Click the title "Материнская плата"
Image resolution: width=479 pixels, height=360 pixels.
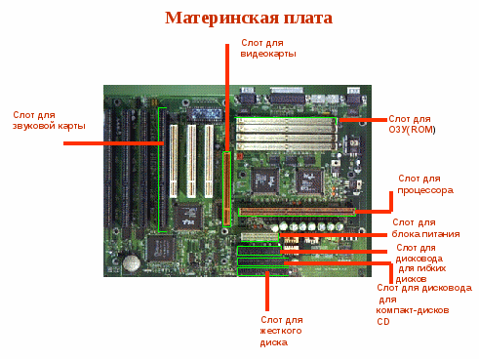[x=249, y=18]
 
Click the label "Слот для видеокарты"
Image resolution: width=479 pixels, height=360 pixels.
[x=268, y=48]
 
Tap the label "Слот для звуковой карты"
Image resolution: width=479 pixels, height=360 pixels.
[x=49, y=120]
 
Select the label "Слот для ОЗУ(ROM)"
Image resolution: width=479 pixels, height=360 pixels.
[x=412, y=124]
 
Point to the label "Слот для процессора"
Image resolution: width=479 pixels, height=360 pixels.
[x=425, y=184]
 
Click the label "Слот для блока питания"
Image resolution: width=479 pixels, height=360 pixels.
[x=425, y=228]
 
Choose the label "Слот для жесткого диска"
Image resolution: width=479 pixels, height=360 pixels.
[x=281, y=331]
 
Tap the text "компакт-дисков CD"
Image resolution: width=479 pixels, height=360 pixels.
[x=413, y=316]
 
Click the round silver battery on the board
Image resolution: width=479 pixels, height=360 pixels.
[x=132, y=262]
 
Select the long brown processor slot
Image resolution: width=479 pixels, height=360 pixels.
[x=297, y=212]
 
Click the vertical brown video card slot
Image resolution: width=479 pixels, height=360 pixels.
[x=227, y=189]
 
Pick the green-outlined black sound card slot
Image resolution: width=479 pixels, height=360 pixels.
[x=163, y=170]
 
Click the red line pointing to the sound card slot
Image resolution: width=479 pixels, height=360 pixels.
[x=113, y=143]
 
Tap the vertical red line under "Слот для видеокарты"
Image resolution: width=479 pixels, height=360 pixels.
[x=227, y=98]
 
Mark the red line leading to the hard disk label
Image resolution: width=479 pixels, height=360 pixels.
[x=267, y=291]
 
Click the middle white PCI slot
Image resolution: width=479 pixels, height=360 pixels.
[x=191, y=161]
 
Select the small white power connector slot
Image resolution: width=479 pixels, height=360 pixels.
[x=259, y=237]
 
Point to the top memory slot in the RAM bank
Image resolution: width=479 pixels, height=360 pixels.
[x=287, y=121]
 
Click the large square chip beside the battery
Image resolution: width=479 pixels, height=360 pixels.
[x=160, y=249]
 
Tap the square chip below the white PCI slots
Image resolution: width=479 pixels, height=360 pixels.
[x=188, y=217]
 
